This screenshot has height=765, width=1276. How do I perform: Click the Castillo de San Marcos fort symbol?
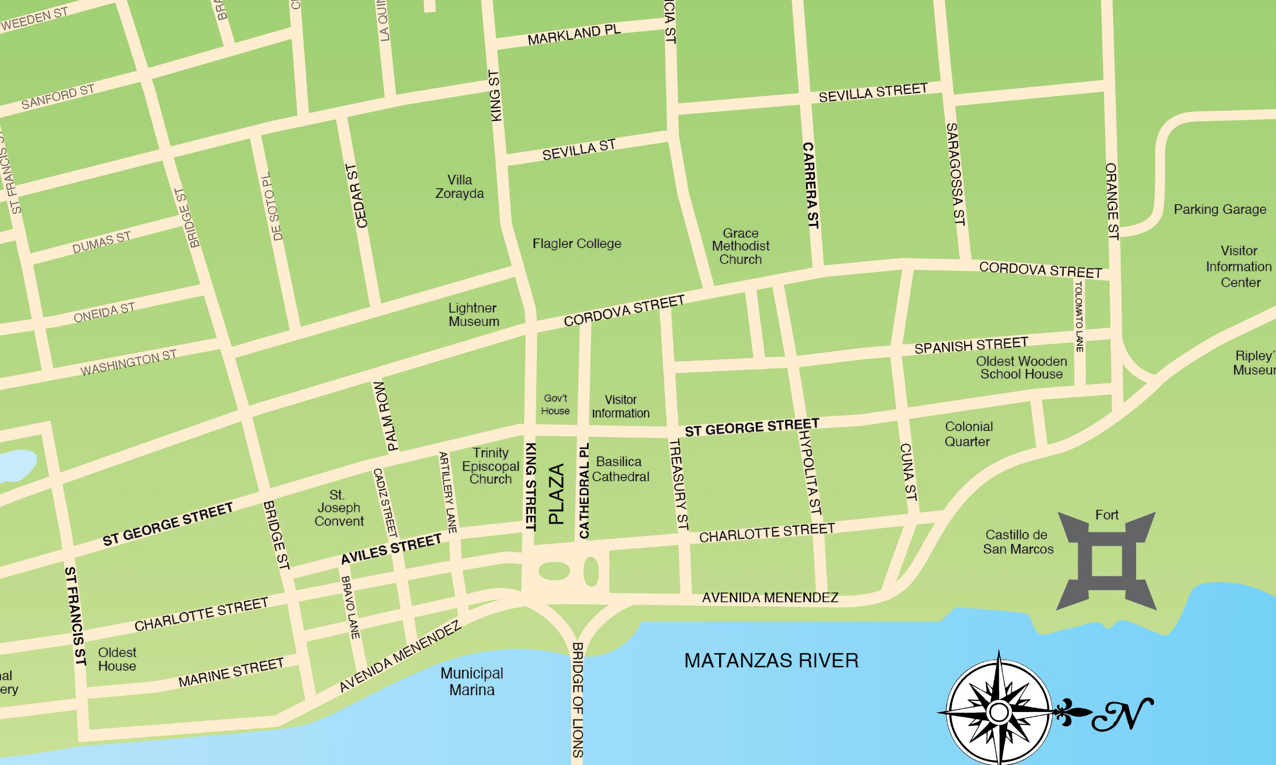coord(1107,561)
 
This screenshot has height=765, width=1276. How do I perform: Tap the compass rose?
coord(999,712)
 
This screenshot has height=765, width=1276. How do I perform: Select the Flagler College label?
coord(577,243)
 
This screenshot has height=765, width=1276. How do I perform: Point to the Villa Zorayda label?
coord(459,187)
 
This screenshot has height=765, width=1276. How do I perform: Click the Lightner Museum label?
coord(473,315)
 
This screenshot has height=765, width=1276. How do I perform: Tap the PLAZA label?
coord(556,494)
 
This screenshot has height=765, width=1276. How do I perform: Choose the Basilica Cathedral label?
coord(620,469)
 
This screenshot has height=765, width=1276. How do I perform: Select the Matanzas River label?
coord(771,660)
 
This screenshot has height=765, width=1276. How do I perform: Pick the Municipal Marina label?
coord(472,681)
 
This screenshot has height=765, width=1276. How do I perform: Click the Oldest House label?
coord(117,659)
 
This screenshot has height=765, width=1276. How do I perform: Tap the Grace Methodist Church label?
coord(740,246)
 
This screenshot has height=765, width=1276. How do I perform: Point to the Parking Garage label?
coord(1220,209)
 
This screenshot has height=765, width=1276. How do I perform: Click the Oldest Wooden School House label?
coord(1021,368)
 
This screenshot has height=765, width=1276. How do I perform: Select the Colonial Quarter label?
coord(968,434)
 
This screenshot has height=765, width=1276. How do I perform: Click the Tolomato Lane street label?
coord(1079,317)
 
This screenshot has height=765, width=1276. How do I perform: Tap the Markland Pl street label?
coord(574,35)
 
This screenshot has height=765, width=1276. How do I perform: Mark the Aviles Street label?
coord(391,549)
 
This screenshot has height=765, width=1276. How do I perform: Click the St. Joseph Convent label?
coord(338,508)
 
